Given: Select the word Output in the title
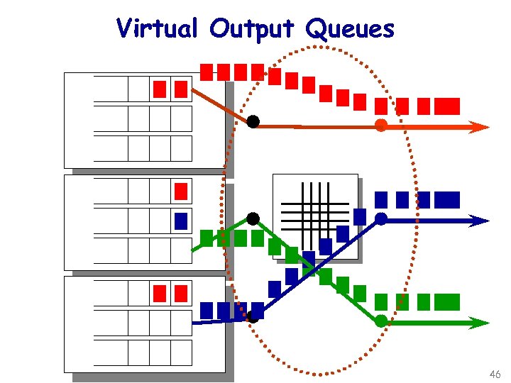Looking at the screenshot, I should point(253,29).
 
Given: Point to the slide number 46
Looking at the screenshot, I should point(495,374).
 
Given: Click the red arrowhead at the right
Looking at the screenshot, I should point(479,128).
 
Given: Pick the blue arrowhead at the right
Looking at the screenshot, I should point(479,220).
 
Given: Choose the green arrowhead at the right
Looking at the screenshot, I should point(479,323).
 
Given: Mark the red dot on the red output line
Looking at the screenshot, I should point(380,126).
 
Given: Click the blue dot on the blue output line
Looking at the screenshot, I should point(381,218).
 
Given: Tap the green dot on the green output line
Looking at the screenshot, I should point(381,321).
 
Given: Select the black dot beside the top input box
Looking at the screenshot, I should point(253,122).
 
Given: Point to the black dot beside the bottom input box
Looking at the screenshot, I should point(253,317).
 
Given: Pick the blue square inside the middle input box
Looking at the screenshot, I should point(181,221).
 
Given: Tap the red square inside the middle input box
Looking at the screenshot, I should point(181,191).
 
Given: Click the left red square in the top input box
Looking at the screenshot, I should point(160,89).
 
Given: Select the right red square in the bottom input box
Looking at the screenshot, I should point(181,292).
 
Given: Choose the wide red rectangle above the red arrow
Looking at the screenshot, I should point(447,106).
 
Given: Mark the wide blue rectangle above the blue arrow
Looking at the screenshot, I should point(447,200).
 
